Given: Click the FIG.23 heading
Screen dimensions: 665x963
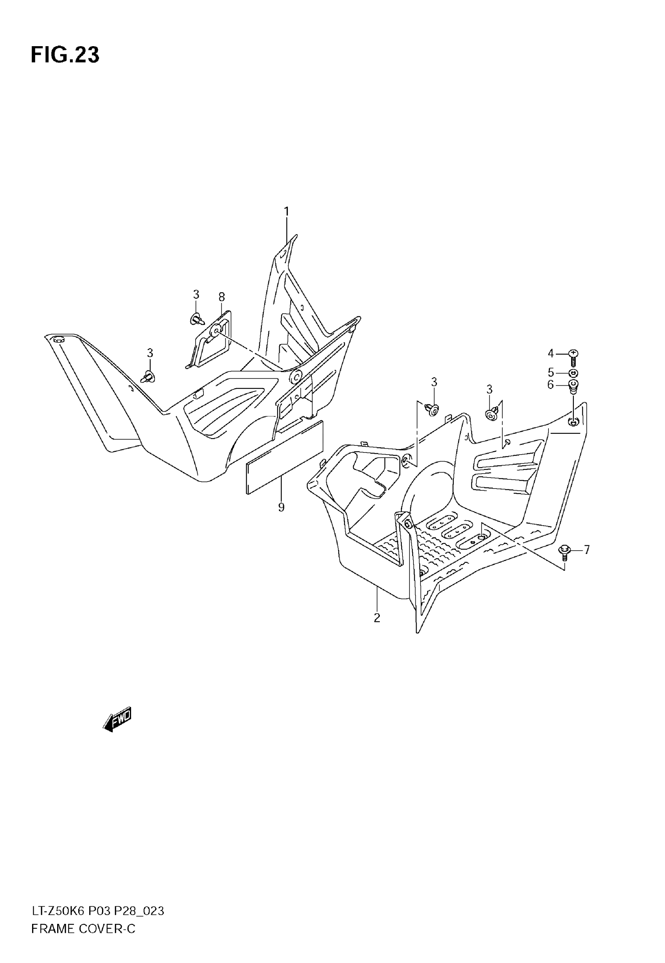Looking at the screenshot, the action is pos(65,55).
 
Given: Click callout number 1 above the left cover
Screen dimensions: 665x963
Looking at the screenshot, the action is pos(287,212).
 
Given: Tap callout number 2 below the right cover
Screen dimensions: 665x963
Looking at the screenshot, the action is pos(377,618).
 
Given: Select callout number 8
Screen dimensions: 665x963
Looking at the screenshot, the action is pos(222,297).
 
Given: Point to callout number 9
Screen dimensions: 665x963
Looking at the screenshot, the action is pos(281,507).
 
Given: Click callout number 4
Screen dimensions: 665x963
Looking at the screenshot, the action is pos(550,354).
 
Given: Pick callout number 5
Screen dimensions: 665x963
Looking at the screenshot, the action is pos(550,372).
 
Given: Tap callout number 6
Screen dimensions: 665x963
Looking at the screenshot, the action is pos(550,385).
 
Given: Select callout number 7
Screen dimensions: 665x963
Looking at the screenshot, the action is pos(587,550).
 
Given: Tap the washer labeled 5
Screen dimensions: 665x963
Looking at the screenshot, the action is pos(573,372).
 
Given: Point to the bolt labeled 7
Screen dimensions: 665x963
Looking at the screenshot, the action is pos(564,551).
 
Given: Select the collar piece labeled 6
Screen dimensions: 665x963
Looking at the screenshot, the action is pos(573,386).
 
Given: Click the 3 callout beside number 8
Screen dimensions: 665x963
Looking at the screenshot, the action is pos(196,295).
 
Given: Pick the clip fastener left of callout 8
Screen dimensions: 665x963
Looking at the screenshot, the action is pos(197,320).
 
